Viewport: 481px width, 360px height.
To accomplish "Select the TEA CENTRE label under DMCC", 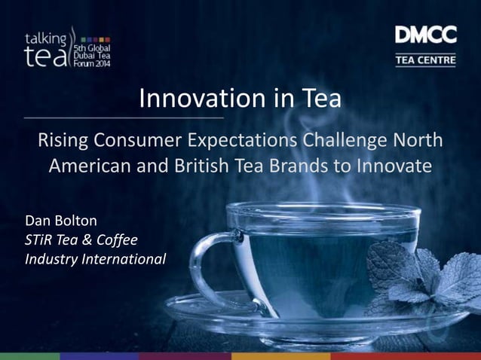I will (x=425, y=59).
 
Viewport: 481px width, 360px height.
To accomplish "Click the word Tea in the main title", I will (x=322, y=99).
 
